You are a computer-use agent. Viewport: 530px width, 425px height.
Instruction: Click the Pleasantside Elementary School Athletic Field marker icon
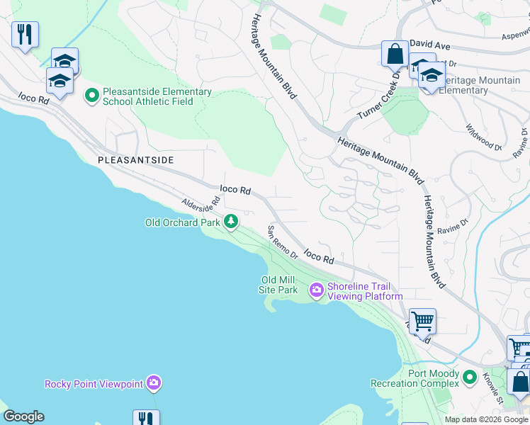(x=91, y=95)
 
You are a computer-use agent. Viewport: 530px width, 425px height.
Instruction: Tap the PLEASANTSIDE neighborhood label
(x=135, y=161)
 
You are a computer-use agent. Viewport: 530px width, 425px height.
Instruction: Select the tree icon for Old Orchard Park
(x=231, y=222)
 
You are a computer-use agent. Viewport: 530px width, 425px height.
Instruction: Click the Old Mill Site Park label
(x=279, y=285)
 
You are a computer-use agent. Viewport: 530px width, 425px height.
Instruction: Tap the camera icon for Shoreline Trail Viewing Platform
(x=316, y=290)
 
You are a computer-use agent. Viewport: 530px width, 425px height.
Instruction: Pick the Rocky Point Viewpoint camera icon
(x=154, y=384)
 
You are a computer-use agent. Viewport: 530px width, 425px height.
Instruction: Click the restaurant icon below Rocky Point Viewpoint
(x=146, y=418)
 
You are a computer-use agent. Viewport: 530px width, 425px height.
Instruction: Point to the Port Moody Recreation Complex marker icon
(x=468, y=378)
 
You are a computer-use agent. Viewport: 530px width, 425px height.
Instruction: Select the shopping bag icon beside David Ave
(x=394, y=53)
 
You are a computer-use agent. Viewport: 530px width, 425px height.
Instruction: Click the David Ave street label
(x=430, y=45)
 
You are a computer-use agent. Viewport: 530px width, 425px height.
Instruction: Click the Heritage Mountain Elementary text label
(x=485, y=86)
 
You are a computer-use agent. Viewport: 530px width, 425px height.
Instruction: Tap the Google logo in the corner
(x=23, y=416)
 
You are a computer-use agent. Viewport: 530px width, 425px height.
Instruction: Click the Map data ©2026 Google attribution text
(x=485, y=419)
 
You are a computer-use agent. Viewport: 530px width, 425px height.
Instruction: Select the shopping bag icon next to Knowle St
(x=519, y=381)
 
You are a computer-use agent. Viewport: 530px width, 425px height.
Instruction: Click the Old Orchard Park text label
(x=183, y=222)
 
